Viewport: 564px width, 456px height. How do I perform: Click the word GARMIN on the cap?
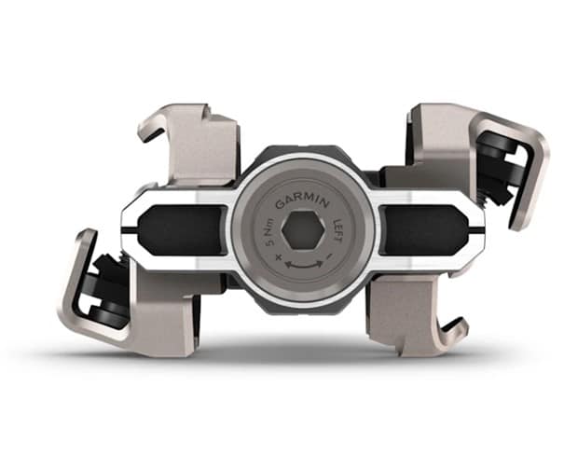click(x=302, y=202)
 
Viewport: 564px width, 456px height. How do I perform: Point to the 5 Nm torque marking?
click(x=269, y=232)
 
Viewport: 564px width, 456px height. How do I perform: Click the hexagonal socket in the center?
click(x=304, y=230)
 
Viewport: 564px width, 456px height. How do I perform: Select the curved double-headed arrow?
click(x=304, y=265)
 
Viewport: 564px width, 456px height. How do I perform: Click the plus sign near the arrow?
click(x=277, y=257)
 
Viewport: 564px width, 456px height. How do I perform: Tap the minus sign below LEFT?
click(x=329, y=256)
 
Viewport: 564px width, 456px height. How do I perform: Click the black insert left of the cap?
click(x=184, y=229)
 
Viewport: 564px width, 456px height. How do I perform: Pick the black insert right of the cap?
click(x=423, y=229)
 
